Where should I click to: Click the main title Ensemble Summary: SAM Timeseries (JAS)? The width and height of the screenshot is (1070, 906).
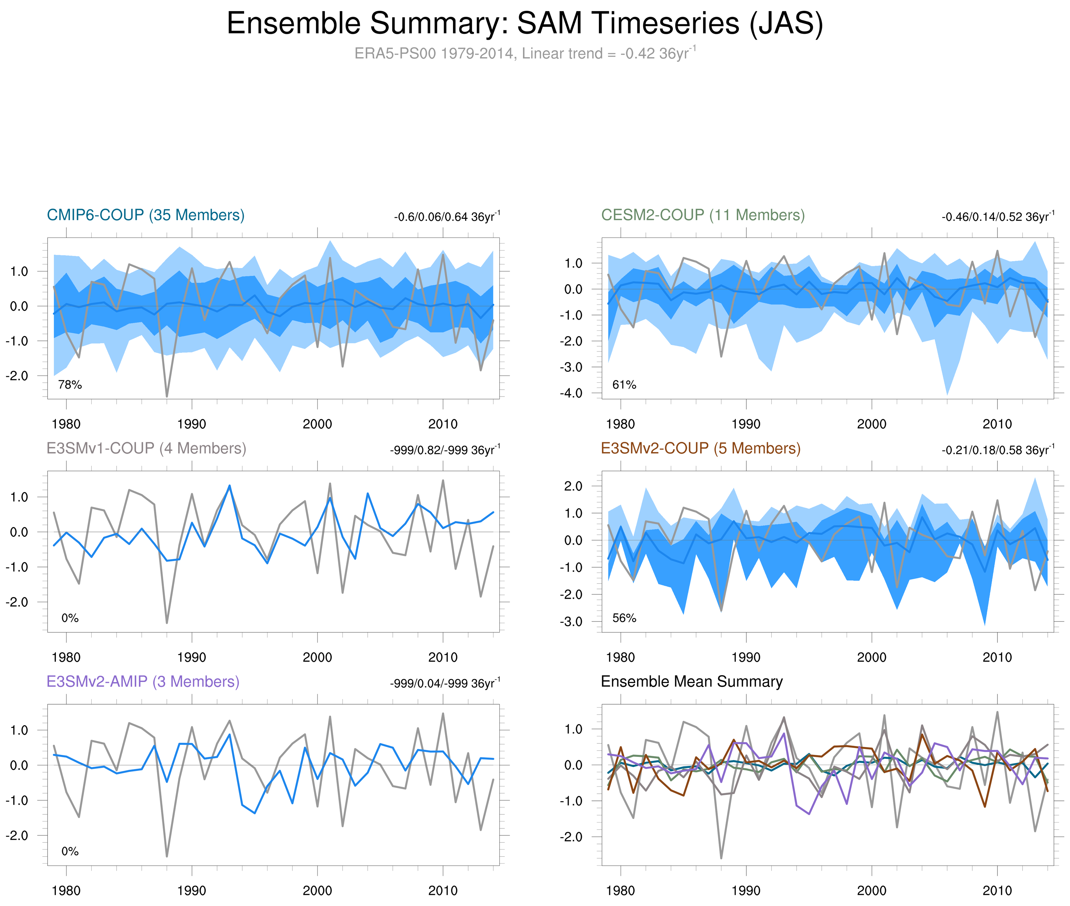click(x=524, y=24)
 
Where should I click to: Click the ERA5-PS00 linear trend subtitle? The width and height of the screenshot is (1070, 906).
click(x=524, y=54)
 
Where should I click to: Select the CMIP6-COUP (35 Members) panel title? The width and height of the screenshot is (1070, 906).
click(x=146, y=215)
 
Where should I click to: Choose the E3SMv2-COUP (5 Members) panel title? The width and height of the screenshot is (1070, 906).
click(x=700, y=448)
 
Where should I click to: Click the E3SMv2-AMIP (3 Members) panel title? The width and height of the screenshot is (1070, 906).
click(x=143, y=682)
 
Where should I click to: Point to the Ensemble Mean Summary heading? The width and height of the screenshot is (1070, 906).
click(x=692, y=682)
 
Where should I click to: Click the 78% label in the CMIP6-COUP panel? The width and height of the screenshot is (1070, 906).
click(x=70, y=385)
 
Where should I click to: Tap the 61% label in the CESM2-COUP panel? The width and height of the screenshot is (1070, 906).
click(x=624, y=385)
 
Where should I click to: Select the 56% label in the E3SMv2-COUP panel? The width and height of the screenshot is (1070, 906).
click(x=624, y=618)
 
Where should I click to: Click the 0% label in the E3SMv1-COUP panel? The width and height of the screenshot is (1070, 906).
click(x=70, y=618)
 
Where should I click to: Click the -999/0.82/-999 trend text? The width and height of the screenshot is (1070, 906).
click(x=444, y=450)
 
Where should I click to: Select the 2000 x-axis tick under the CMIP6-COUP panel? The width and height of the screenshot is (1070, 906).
click(x=317, y=424)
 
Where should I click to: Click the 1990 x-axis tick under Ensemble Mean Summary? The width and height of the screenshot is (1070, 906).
click(x=746, y=890)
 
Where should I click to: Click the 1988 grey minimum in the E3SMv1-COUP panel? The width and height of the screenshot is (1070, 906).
click(x=167, y=623)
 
